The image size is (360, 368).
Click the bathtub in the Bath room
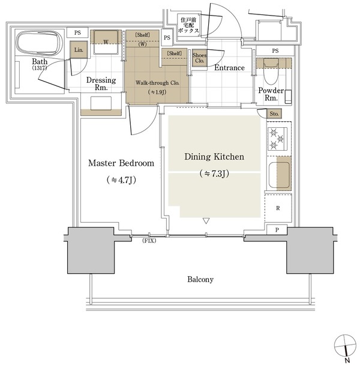[39, 43]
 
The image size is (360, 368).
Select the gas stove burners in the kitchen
[277, 139]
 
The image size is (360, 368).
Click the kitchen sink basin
[279, 175]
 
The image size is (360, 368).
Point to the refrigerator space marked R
[278, 208]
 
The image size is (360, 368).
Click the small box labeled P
[277, 229]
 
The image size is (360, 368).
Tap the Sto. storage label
[274, 114]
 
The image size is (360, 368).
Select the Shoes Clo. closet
[199, 58]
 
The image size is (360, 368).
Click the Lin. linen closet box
[79, 50]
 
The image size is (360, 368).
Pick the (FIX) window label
[149, 241]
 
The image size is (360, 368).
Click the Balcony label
[200, 279]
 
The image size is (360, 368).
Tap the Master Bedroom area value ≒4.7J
[121, 180]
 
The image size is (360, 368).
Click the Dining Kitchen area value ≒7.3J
[214, 173]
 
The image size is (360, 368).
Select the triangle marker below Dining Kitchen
[206, 221]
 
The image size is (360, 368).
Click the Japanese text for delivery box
[188, 25]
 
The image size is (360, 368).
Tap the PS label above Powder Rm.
[275, 50]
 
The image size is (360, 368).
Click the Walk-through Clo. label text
[157, 83]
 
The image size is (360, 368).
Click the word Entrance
[229, 68]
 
